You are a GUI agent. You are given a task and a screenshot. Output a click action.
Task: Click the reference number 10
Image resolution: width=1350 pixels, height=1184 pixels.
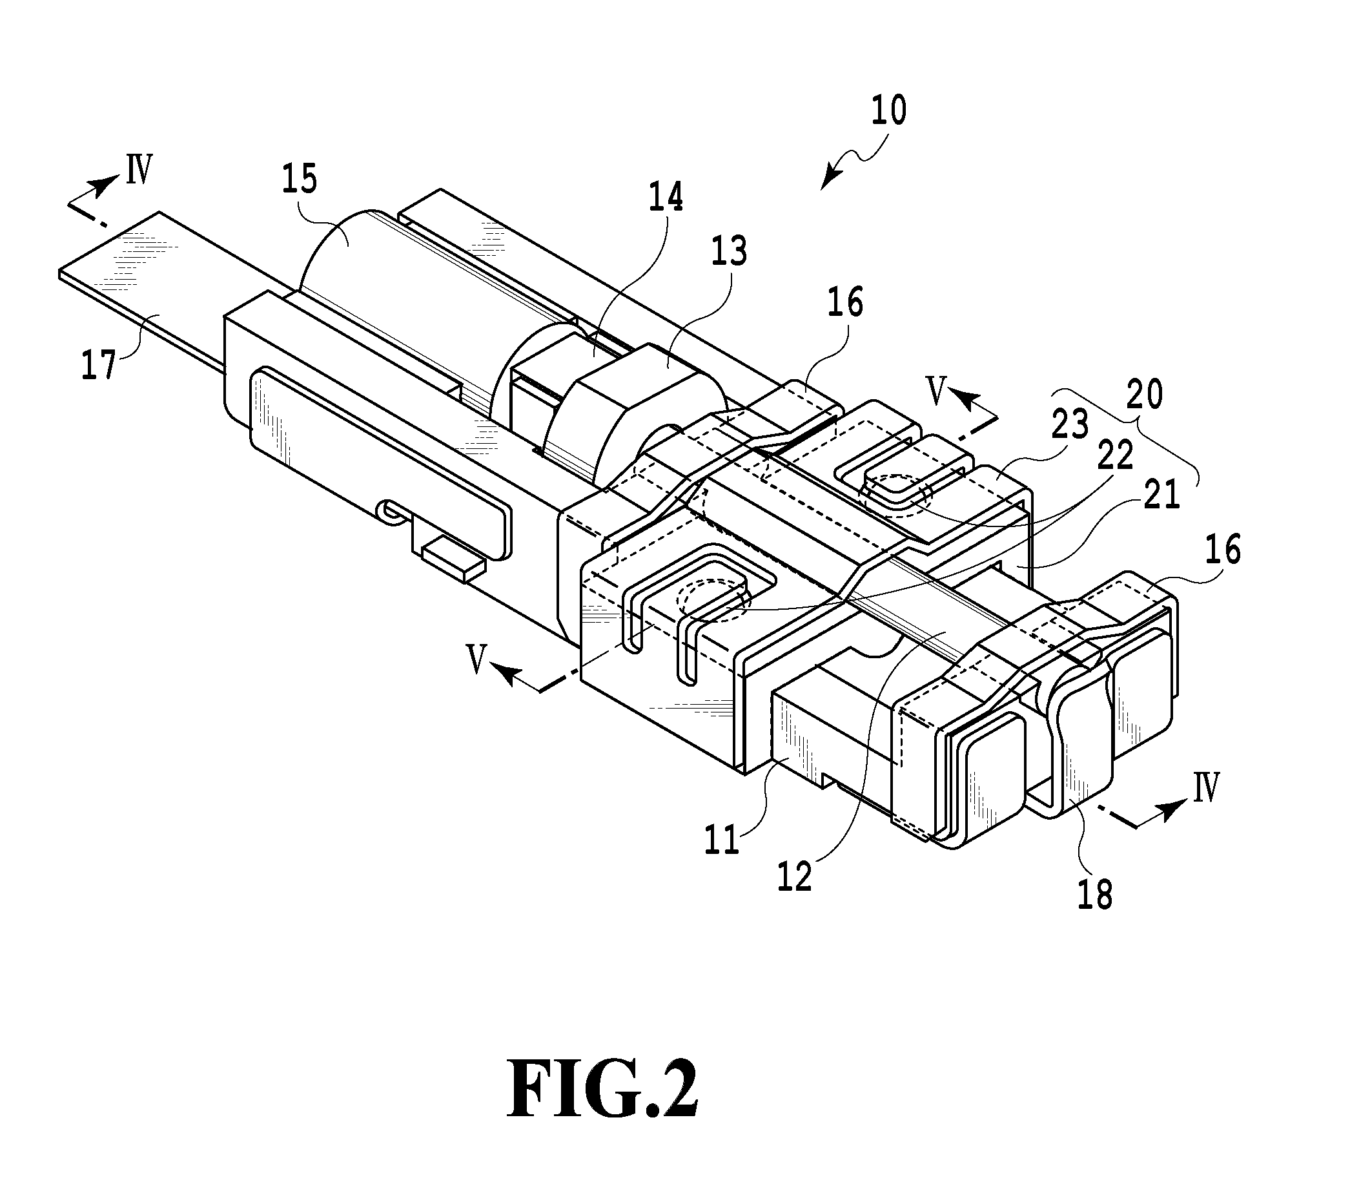[x=888, y=111]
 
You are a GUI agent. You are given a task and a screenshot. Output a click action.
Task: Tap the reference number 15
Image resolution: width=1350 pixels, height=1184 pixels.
[x=299, y=180]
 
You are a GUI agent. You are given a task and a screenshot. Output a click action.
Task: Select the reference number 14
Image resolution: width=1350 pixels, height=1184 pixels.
[x=665, y=197]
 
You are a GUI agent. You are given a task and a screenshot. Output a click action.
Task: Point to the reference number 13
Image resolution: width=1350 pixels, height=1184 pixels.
[x=729, y=251]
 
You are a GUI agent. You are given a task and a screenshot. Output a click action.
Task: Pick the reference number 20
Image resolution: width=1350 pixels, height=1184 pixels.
[x=1145, y=395]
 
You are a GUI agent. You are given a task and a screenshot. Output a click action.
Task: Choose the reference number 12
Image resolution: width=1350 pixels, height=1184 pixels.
[x=795, y=876]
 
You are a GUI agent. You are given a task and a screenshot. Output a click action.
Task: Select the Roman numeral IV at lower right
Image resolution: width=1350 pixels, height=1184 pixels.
[x=1205, y=787]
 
